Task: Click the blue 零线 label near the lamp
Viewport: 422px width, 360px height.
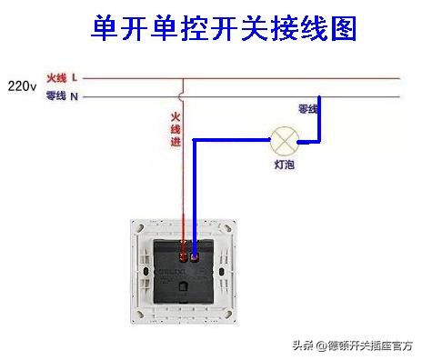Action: click(x=308, y=109)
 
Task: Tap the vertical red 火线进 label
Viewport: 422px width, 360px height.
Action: click(x=174, y=129)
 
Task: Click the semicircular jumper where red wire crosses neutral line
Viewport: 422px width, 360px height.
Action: click(x=184, y=95)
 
